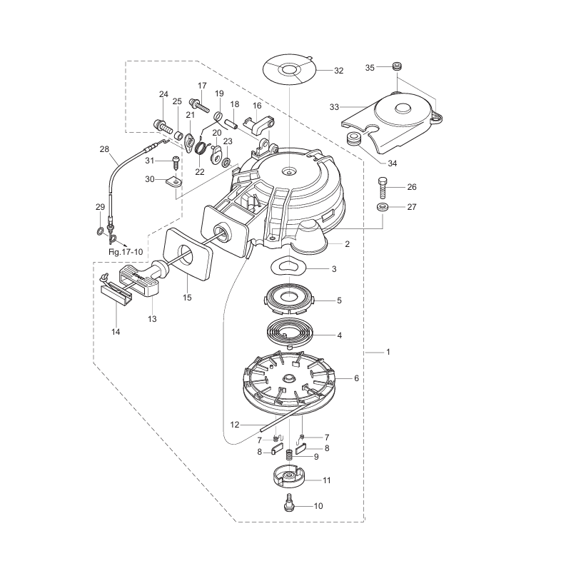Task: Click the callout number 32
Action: [x=338, y=71]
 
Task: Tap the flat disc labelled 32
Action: [x=289, y=70]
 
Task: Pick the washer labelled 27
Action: [x=383, y=208]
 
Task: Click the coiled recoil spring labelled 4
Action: [x=293, y=333]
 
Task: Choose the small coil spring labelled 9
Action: [x=290, y=455]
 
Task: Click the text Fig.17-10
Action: [x=125, y=252]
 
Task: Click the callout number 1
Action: [x=388, y=352]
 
